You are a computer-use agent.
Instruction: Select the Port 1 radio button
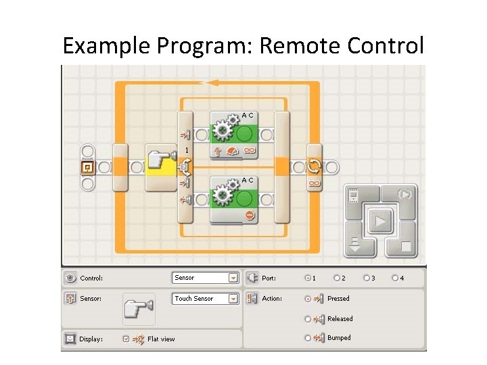(x=308, y=278)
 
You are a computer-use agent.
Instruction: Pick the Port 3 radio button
(x=367, y=278)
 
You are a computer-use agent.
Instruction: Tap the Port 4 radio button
(x=396, y=278)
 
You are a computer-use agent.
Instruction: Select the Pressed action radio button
(x=308, y=298)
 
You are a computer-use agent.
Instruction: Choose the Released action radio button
(x=308, y=318)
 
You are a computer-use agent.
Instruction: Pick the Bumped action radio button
(x=308, y=337)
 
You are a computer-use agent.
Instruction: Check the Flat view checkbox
(x=126, y=339)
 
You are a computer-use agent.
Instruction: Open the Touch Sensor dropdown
(x=233, y=298)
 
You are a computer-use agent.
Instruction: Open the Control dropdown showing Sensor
(x=233, y=278)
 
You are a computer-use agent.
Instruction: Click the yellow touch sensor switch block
(x=160, y=167)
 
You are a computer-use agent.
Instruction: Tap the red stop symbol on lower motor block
(x=250, y=215)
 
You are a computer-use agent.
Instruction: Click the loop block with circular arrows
(x=315, y=167)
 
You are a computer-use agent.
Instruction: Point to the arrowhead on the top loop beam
(x=212, y=82)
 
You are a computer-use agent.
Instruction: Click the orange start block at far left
(x=87, y=167)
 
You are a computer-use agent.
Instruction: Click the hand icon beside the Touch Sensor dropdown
(x=139, y=308)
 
